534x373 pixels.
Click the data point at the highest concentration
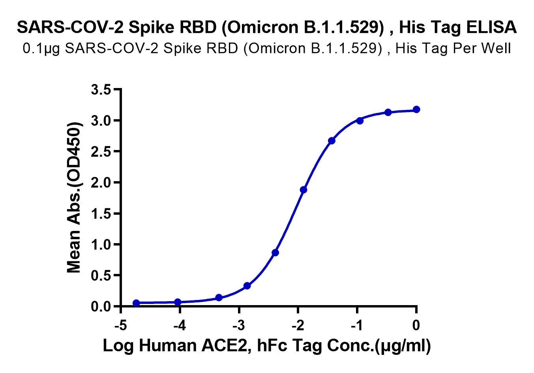pos(416,109)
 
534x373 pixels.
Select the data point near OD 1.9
pos(304,190)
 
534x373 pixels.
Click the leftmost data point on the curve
pos(136,303)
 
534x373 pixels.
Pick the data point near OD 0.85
pos(275,253)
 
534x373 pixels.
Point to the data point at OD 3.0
pos(360,120)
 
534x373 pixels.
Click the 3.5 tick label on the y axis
pos(101,90)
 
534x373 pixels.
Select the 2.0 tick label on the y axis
pos(101,182)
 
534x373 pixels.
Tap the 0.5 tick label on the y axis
pos(101,276)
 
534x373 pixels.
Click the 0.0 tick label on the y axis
pos(101,307)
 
